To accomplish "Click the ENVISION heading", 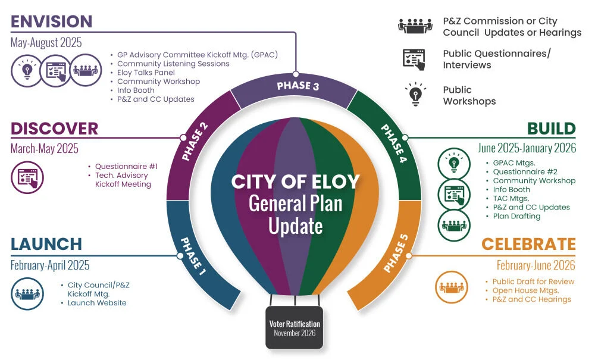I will pyautogui.click(x=52, y=21).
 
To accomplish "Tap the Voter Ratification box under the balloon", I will pyautogui.click(x=294, y=327).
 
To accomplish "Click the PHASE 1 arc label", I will pyautogui.click(x=193, y=256).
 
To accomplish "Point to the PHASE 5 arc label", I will pyautogui.click(x=396, y=253).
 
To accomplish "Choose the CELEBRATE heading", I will pyautogui.click(x=528, y=244).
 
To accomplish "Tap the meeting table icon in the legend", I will pyautogui.click(x=415, y=26).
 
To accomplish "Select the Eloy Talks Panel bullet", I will pyautogui.click(x=146, y=73).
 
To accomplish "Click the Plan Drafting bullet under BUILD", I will pyautogui.click(x=516, y=216).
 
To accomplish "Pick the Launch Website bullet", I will pyautogui.click(x=96, y=303).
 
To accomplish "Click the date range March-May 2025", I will pyautogui.click(x=45, y=149).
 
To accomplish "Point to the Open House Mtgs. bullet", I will pyautogui.click(x=525, y=290).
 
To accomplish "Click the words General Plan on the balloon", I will pyautogui.click(x=295, y=204).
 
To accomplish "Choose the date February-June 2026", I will pyautogui.click(x=536, y=265).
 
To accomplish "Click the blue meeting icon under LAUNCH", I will pyautogui.click(x=27, y=294).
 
